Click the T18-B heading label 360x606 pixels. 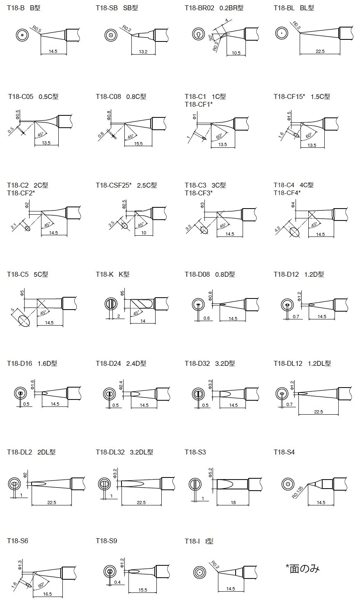point(16,8)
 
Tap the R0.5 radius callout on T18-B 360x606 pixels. point(37,29)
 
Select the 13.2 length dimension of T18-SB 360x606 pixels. point(143,52)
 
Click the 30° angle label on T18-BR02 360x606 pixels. point(211,38)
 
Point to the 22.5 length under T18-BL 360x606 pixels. point(320,51)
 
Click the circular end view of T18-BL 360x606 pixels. point(282,33)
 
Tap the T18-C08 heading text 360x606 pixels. point(108,96)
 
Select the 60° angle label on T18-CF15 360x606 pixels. point(309,135)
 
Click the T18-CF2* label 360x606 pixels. point(21,193)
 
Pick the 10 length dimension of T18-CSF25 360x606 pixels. point(144,233)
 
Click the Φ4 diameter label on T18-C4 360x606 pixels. point(293,205)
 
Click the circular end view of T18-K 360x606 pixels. point(111,304)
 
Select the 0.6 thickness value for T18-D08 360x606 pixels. point(206,318)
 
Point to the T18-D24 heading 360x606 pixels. point(108,363)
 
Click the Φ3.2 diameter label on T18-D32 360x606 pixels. point(211,384)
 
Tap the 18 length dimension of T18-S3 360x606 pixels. point(233,503)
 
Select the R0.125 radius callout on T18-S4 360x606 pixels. point(298,493)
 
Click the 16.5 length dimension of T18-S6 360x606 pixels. point(47,594)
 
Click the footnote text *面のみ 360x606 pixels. point(303,568)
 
